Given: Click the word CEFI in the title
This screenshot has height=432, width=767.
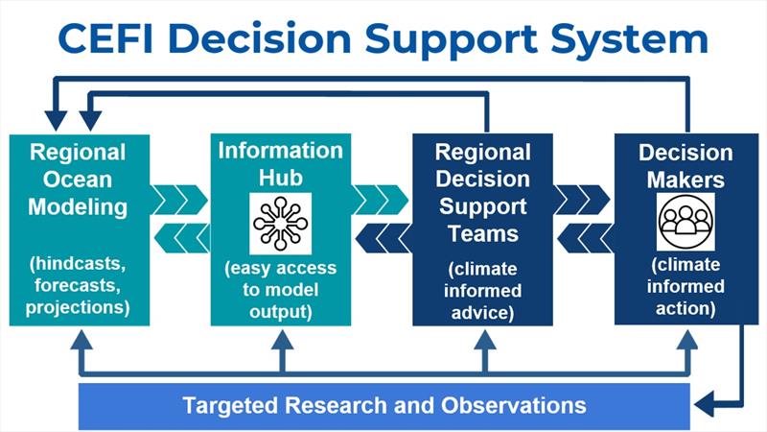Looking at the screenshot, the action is click(x=105, y=38).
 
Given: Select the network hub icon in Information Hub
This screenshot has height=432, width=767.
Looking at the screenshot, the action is click(x=280, y=224).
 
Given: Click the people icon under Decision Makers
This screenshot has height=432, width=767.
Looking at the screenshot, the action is click(x=686, y=222).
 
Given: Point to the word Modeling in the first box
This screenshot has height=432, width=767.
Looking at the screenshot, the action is click(x=78, y=207).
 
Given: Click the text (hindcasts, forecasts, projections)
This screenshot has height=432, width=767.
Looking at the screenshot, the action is click(x=78, y=285).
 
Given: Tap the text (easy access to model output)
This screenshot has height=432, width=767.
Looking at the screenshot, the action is click(x=281, y=290).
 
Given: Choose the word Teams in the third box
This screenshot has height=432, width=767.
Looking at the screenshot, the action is click(x=483, y=233).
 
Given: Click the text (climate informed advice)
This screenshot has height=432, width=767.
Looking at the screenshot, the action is click(x=482, y=291).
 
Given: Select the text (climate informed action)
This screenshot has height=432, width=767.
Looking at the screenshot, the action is click(x=686, y=286).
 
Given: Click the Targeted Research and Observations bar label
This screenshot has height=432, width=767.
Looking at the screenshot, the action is click(x=384, y=405).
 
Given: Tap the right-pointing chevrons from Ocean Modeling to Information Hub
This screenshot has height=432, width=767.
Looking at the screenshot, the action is click(x=179, y=200).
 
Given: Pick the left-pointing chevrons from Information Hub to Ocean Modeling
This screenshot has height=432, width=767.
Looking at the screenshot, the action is click(x=182, y=238).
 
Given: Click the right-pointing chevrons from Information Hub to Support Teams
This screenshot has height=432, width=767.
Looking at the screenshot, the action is click(x=380, y=200).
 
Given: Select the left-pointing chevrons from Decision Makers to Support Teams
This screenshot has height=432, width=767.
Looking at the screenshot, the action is click(x=585, y=238).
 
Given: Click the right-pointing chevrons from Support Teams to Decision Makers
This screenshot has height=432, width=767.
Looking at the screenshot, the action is click(x=582, y=200).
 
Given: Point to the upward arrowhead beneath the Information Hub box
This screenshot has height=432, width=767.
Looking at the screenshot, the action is click(x=282, y=340).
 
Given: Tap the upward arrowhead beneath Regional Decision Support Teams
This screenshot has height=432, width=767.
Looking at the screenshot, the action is click(x=484, y=340).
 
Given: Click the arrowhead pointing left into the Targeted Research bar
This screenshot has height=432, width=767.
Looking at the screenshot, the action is click(x=704, y=404).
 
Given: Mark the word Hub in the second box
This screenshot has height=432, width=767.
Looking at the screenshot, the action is click(x=280, y=178).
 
